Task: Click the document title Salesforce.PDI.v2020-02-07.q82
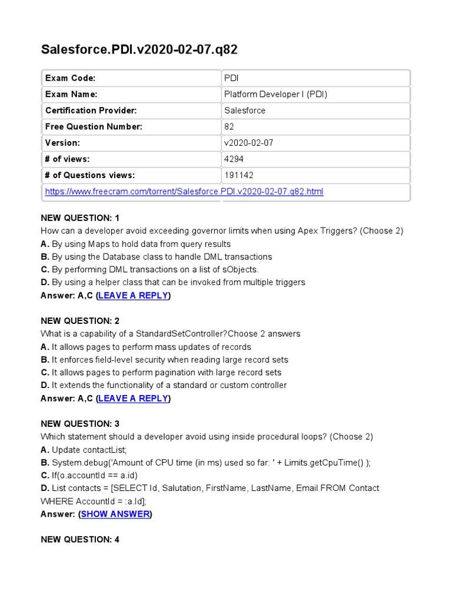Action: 139,49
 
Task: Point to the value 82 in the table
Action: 229,126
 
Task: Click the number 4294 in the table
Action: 234,159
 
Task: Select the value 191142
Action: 238,175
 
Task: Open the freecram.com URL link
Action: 184,192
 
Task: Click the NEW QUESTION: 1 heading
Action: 80,218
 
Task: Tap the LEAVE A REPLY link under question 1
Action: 134,296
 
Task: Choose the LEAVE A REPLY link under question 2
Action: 134,399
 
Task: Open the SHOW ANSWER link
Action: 115,514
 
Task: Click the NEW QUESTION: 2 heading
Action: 80,321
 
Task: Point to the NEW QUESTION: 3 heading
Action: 80,424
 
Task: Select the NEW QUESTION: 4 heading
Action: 80,539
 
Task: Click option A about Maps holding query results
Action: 135,244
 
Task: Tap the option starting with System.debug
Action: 206,463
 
